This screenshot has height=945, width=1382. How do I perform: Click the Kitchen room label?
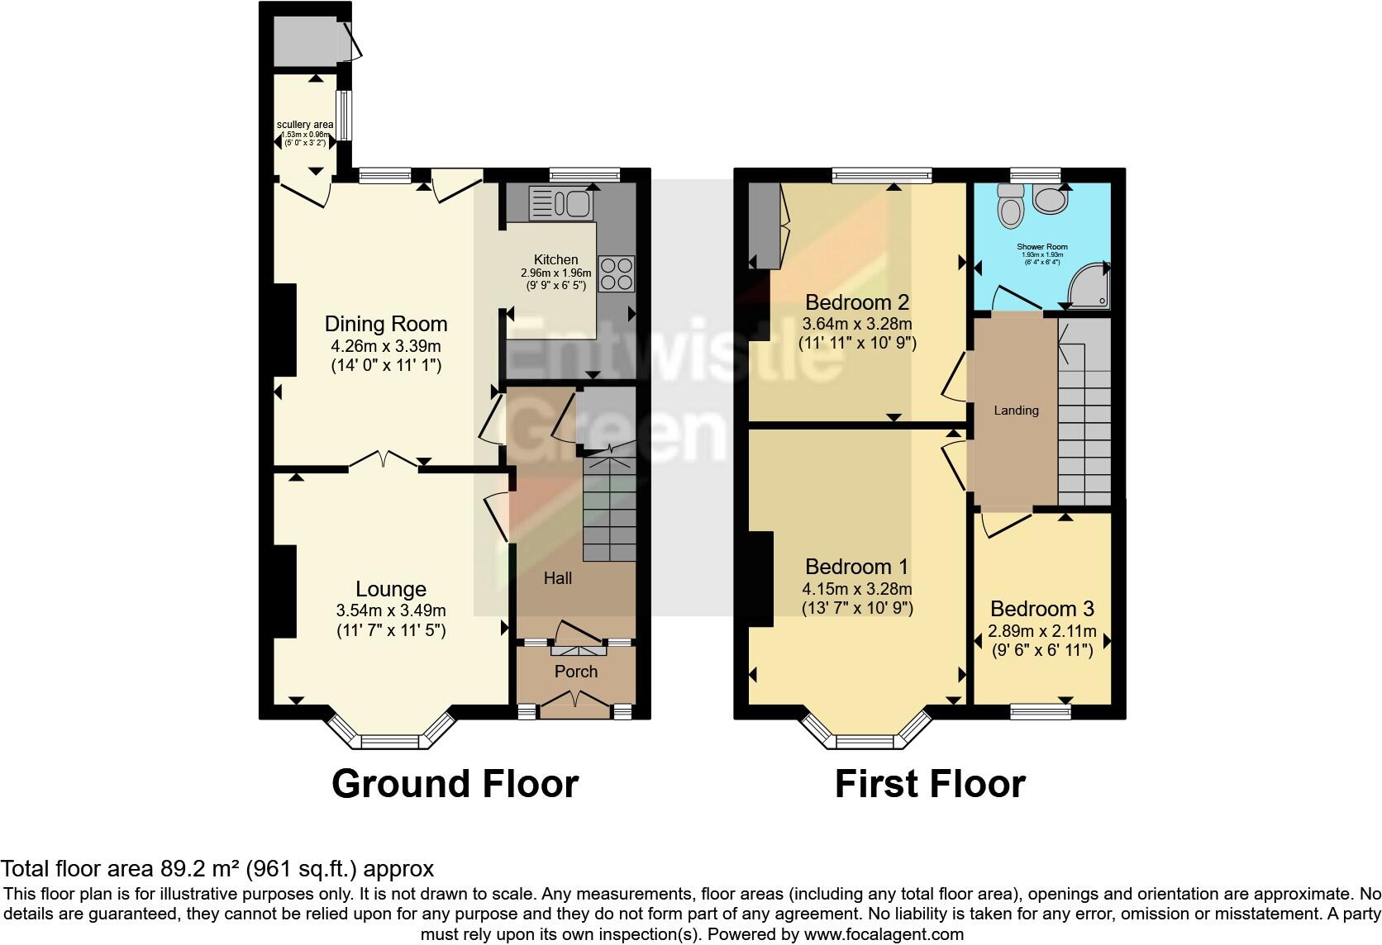pos(555,259)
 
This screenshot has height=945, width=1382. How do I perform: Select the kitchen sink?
pos(558,202)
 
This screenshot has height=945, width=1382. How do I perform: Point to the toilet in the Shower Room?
pos(1011,205)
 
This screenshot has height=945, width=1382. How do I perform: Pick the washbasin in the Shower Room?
pos(1051,199)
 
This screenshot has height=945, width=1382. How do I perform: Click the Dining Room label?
pos(385,324)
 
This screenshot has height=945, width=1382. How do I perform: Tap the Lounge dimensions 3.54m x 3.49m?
pos(391,611)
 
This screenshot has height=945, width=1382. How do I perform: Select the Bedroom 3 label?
pos(1041,609)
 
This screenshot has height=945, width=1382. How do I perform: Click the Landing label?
pos(1016,410)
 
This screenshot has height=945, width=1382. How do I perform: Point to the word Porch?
pos(575,672)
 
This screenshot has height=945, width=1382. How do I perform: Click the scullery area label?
pos(305,125)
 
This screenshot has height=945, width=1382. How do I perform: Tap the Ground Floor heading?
pos(455,783)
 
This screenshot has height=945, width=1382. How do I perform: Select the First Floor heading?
pos(930,783)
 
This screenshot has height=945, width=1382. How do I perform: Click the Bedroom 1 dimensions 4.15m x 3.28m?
pos(856,589)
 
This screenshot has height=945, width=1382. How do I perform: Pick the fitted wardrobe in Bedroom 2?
pos(765,226)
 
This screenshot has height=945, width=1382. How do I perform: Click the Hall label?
pos(557,578)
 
